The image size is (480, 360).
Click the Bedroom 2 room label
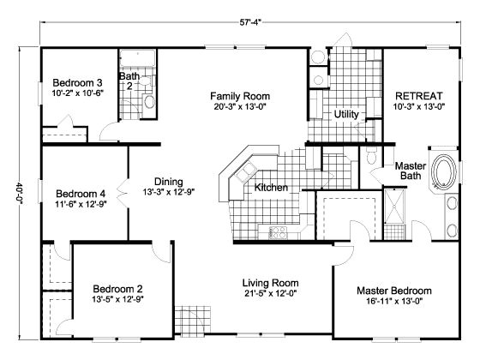tap(117, 288)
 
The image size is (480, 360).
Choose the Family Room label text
tap(241, 96)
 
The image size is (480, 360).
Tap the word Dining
tap(169, 181)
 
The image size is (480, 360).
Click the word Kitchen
tap(271, 187)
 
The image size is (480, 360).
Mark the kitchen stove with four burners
tap(277, 231)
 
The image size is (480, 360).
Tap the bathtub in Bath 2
tap(136, 59)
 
